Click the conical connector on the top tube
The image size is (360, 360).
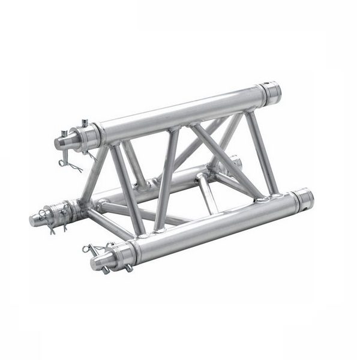63,142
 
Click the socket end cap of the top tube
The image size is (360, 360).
271,92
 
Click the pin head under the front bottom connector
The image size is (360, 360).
107,271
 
